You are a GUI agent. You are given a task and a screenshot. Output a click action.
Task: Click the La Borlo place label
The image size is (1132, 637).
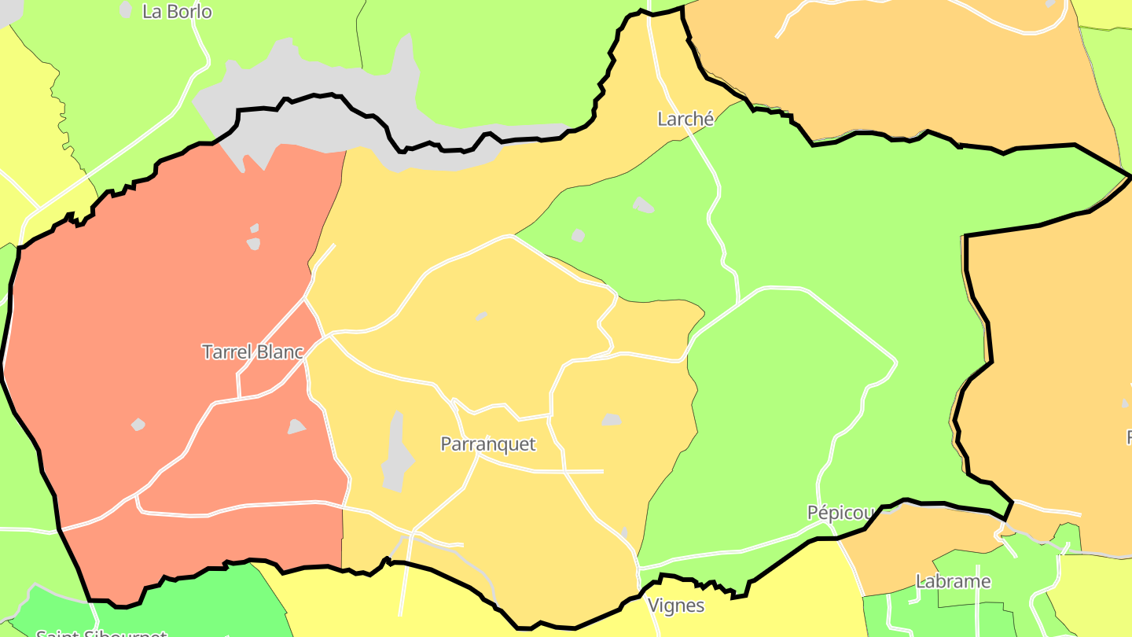[177, 12]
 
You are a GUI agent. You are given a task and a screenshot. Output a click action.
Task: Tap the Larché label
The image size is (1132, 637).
[685, 120]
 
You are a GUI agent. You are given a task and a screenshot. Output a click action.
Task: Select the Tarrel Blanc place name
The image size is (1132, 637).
[252, 352]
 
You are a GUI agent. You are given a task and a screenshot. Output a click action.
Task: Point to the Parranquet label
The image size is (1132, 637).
[488, 444]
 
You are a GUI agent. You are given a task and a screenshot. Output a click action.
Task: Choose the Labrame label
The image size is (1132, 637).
[954, 582]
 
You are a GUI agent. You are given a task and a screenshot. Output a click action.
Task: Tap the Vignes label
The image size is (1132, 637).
[675, 606]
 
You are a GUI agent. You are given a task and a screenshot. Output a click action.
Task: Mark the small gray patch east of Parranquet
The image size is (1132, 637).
[612, 420]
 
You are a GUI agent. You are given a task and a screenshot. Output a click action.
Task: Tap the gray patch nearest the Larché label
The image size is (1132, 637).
[642, 205]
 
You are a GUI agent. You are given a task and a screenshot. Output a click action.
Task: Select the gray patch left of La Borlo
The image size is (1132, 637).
[126, 9]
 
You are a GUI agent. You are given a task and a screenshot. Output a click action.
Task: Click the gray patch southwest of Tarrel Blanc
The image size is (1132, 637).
[138, 425]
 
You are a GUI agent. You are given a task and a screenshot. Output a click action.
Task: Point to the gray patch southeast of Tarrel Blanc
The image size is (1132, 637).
[296, 427]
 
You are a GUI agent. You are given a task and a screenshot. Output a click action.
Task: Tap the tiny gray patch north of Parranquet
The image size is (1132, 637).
[480, 316]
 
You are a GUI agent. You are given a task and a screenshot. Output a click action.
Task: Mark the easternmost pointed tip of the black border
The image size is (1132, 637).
[1129, 178]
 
